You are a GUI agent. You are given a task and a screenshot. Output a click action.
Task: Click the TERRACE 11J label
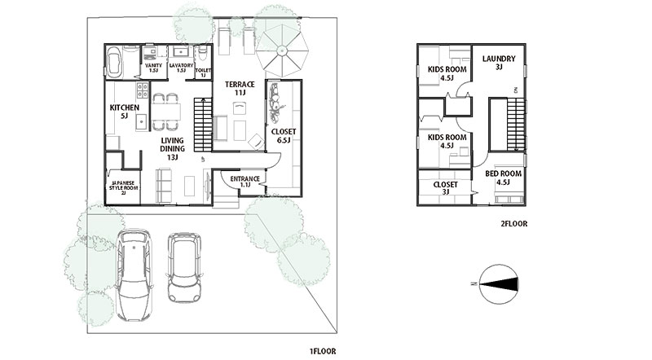pos(240,88)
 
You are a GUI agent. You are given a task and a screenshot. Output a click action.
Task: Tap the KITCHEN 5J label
pos(125,112)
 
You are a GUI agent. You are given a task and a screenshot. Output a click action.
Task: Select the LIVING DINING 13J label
pos(173,148)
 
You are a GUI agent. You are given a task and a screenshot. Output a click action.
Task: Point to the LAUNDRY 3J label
pos(499,63)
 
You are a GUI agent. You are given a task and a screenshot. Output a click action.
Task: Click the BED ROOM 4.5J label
pos(503,178)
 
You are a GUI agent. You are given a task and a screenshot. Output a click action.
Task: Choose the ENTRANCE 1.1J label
pos(245,182)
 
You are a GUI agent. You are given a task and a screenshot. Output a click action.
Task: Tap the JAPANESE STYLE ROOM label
pos(124,187)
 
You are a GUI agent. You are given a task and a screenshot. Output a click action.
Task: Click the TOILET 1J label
pos(203,72)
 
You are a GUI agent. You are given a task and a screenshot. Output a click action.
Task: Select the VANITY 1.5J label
pos(153,68)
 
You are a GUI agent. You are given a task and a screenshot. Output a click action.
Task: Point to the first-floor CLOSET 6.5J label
pos(283,135)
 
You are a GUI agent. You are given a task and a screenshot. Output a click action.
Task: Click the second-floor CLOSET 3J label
pos(445,188)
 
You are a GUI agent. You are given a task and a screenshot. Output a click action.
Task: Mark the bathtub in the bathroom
pos(113,62)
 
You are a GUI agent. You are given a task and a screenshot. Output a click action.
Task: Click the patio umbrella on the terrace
pos(282,50)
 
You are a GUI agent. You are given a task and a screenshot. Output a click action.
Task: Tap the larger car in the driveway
pos(134,274)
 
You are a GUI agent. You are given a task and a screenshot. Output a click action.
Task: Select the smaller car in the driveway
pos(184,267)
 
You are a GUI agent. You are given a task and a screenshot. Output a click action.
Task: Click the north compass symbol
pos(499,284)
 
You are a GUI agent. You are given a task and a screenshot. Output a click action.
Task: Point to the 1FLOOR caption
pos(322,351)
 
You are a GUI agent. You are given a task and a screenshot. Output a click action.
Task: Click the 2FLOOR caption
pos(514,224)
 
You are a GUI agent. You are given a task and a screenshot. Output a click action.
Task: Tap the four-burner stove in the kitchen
pos(142,90)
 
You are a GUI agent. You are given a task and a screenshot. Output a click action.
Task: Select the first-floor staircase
pos(203,125)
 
